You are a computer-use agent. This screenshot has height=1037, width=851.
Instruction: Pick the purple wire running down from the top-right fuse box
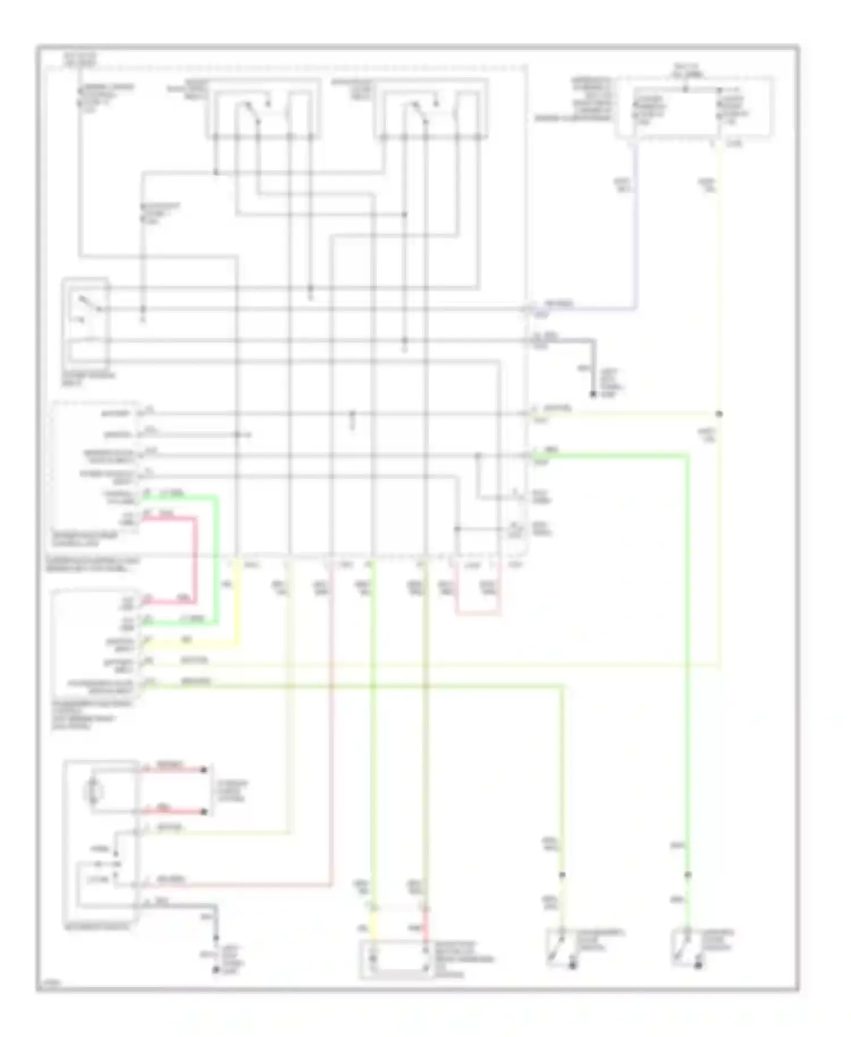(x=635, y=227)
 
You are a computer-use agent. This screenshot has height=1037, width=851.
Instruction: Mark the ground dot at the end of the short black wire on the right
(x=593, y=394)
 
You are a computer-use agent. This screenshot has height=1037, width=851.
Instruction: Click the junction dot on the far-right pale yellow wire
(x=719, y=414)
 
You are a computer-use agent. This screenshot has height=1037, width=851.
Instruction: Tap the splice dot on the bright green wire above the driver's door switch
(x=687, y=875)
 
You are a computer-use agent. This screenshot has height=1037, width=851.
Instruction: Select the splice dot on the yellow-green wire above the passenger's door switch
(x=562, y=875)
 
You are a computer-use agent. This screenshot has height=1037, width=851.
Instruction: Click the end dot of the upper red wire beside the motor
(x=204, y=770)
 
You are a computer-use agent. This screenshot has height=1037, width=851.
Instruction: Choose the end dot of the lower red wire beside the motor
(x=204, y=812)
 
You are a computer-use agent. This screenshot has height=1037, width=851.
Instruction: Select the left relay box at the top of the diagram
(x=263, y=108)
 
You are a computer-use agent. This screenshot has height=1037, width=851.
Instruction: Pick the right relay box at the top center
(x=431, y=108)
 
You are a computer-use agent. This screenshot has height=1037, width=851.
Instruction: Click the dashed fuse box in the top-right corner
(x=695, y=107)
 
